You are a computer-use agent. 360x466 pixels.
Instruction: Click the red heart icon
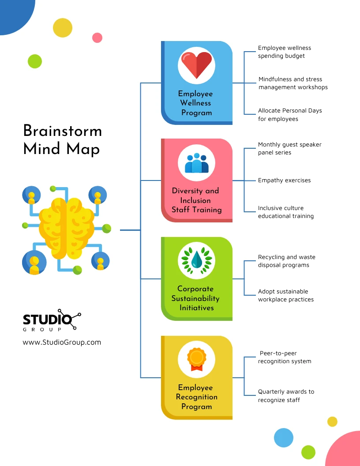(196, 64)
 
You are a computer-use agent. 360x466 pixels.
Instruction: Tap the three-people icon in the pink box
(196, 163)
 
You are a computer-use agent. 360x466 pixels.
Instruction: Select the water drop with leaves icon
(196, 260)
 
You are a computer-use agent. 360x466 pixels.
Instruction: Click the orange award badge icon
(196, 359)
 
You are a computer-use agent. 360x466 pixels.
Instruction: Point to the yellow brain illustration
(66, 228)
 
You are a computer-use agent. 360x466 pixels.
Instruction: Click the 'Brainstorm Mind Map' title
(62, 139)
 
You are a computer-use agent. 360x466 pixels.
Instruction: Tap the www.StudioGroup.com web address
(62, 342)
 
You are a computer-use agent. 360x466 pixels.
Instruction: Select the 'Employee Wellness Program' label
(195, 103)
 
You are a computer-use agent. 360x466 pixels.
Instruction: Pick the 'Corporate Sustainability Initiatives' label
(195, 298)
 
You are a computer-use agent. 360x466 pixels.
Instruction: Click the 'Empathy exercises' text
(284, 180)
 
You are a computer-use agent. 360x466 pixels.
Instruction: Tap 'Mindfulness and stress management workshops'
(293, 83)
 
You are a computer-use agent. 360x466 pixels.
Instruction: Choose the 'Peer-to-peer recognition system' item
(285, 357)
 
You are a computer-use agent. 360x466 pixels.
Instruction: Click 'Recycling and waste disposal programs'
(286, 261)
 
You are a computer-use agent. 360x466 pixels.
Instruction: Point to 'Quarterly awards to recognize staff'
(286, 395)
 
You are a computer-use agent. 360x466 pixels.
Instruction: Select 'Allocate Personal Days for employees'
(290, 115)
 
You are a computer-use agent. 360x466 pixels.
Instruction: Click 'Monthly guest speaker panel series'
(289, 149)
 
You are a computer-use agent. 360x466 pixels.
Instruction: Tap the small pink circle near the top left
(97, 38)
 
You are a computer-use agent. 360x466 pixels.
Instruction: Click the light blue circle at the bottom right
(284, 438)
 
